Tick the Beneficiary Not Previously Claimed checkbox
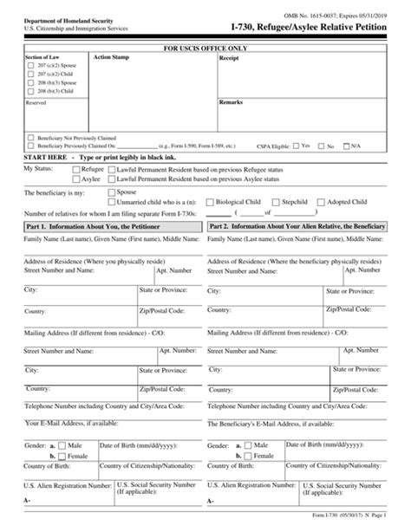[x=31, y=137]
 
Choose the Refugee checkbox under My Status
[x=75, y=170]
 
